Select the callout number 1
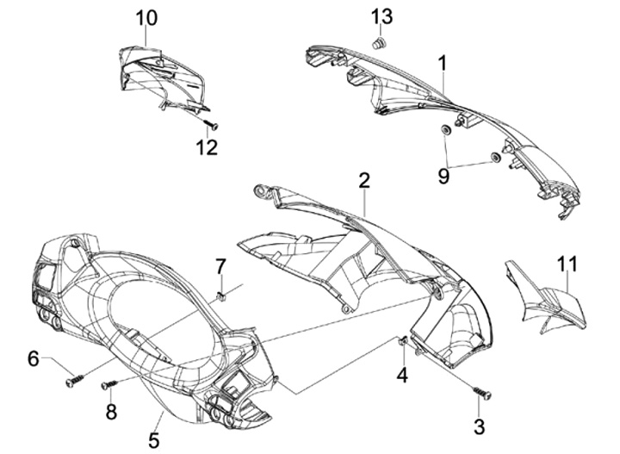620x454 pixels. [x=442, y=62]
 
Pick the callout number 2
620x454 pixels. [x=364, y=180]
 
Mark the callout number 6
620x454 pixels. [x=33, y=358]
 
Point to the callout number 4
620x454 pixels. [x=401, y=374]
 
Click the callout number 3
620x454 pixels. [x=480, y=425]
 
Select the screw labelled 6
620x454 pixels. [x=74, y=379]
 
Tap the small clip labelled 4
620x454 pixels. [x=403, y=342]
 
